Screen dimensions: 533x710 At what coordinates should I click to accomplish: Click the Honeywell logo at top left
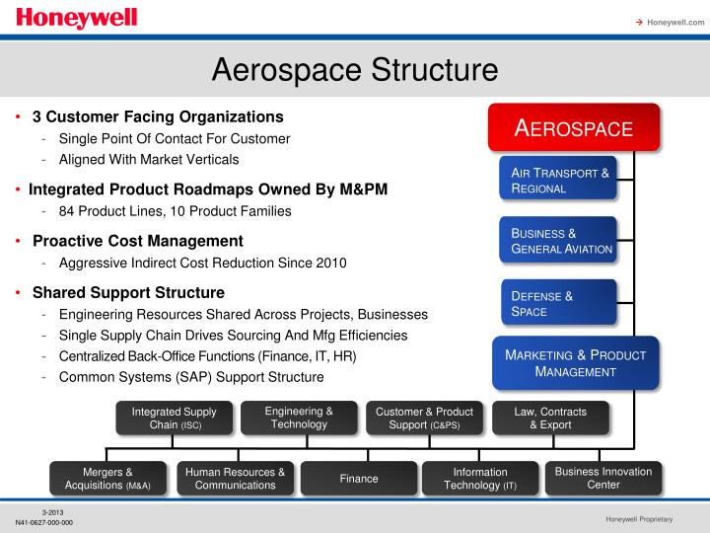76,19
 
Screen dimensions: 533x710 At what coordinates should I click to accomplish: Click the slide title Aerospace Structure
355,70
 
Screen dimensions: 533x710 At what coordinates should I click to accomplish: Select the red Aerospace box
574,129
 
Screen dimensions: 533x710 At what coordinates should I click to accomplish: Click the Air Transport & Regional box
559,181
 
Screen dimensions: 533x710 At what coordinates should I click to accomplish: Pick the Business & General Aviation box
559,241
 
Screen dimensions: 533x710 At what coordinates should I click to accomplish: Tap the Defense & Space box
559,303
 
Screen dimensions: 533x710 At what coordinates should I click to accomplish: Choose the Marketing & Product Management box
575,363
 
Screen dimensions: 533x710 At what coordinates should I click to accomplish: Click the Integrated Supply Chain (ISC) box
175,418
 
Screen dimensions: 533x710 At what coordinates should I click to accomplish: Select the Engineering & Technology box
299,418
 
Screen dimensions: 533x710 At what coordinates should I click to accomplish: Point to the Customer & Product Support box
424,418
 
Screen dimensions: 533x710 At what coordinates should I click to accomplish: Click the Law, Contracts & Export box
550,418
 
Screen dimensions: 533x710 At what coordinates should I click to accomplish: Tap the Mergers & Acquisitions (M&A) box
107,479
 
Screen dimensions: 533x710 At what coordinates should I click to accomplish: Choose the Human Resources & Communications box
235,479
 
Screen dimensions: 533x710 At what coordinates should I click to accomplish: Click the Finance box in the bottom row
359,479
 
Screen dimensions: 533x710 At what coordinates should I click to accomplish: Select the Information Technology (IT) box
480,479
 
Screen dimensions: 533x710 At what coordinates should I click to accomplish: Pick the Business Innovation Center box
603,479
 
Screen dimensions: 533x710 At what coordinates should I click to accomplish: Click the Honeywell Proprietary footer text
639,519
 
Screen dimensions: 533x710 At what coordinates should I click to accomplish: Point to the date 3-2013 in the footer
54,511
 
